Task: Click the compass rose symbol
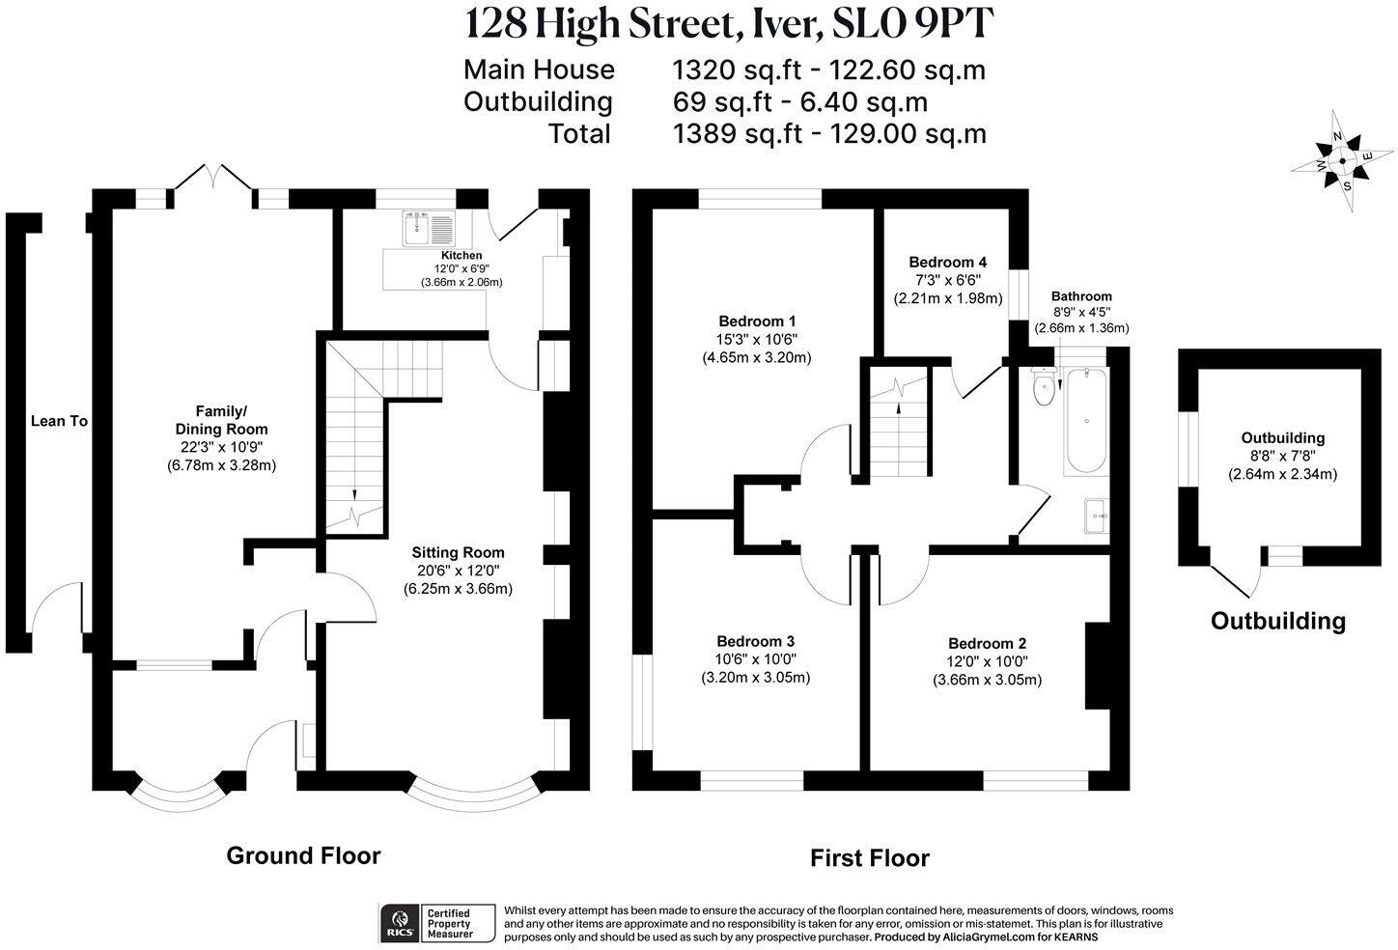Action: pos(1342,161)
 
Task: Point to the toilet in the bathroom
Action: pos(1043,387)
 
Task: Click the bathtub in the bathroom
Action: pos(1087,420)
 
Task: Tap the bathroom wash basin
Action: pos(1097,516)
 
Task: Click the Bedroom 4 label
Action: pos(947,262)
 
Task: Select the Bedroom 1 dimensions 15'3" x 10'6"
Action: pos(757,339)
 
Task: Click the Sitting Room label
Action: pos(458,552)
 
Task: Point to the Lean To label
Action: pos(59,421)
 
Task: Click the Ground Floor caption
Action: pos(303,855)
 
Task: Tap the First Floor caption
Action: pos(869,857)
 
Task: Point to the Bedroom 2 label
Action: pos(987,644)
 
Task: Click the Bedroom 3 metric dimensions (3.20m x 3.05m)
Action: pos(755,677)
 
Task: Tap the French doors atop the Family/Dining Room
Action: pos(214,182)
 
